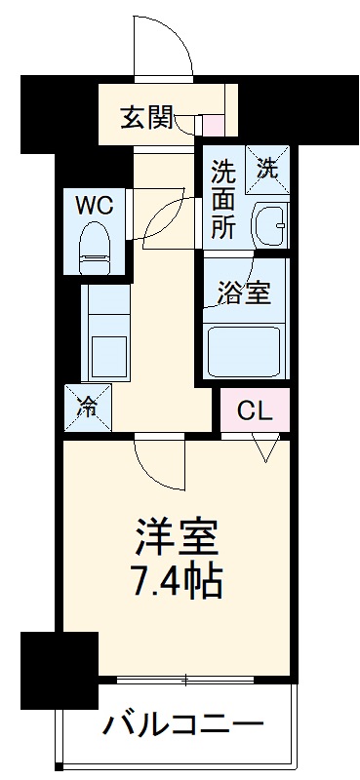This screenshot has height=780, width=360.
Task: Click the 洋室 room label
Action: pos(177,537)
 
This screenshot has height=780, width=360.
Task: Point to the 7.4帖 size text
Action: pos(177,582)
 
